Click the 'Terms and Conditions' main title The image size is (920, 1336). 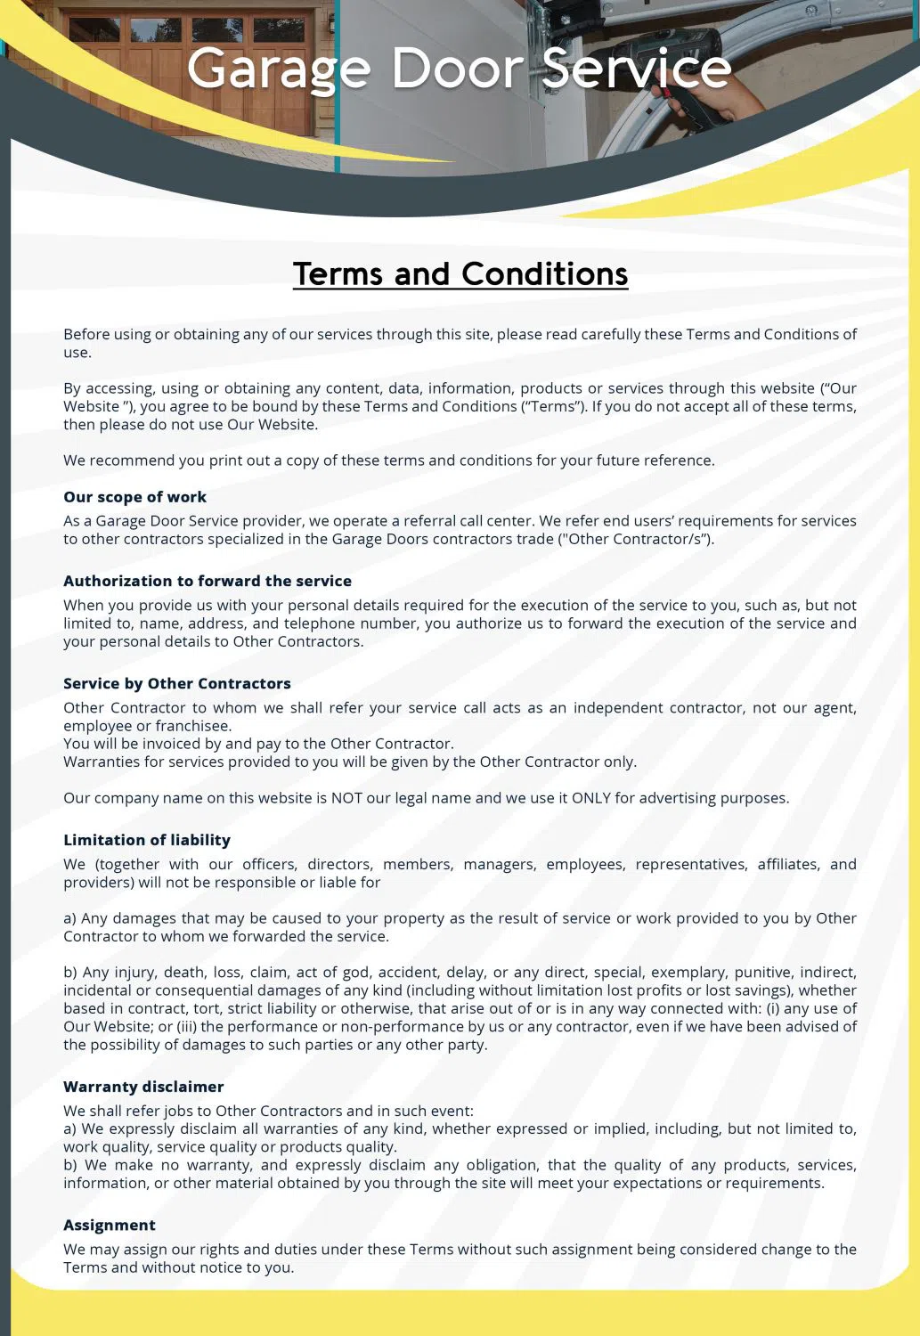coord(460,273)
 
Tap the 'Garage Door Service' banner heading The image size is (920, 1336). coord(459,68)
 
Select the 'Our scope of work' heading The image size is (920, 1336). coord(134,497)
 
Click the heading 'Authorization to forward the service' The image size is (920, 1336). coord(208,581)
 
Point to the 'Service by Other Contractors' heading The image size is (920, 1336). coord(177,683)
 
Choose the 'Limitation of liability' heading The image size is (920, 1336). coord(147,840)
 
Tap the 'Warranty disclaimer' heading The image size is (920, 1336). coord(143,1087)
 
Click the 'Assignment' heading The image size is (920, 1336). coord(110,1226)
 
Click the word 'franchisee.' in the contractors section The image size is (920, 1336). coord(193,726)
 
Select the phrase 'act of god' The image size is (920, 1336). coord(335,973)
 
